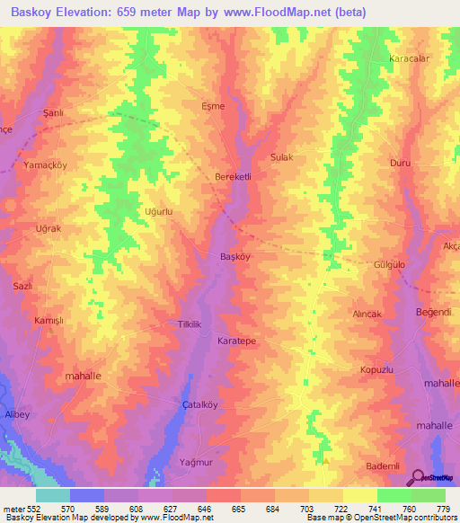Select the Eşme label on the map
click(212, 105)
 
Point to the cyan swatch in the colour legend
click(53, 495)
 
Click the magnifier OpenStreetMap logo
click(420, 478)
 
